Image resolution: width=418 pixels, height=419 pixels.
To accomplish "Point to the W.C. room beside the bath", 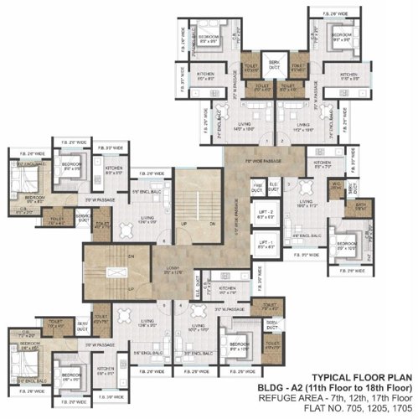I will (336, 186).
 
